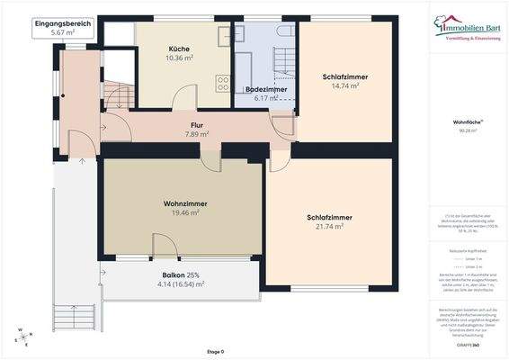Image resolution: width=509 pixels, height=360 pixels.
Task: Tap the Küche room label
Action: tap(178, 49)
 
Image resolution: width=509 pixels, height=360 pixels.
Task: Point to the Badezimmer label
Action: tap(265, 90)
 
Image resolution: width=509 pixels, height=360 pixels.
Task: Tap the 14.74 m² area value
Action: tap(344, 87)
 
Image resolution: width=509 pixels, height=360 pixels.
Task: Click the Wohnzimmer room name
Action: tap(182, 202)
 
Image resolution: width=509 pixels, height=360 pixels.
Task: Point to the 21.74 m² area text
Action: tap(328, 229)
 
